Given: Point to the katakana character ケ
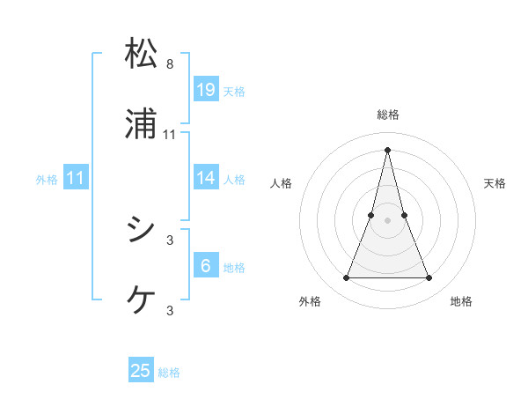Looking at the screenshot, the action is pos(141,299).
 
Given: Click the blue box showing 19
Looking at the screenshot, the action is pos(206,89).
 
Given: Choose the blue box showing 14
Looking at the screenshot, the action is pos(206,178).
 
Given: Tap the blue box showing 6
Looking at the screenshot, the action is pos(206,266).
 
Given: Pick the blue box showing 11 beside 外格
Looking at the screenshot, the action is pos(76,178).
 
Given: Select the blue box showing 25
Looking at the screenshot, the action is pos(141,371).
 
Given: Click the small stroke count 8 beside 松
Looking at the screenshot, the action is pos(170,64).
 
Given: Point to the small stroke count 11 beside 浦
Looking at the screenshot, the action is pos(170,135).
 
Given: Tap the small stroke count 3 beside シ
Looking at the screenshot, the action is pos(170,240).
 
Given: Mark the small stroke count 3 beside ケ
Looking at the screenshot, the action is pos(170,310).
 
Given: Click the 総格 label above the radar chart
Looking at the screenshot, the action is pos(388,115).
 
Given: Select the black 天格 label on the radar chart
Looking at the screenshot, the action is pos(495,183).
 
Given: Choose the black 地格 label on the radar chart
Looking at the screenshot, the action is pos(461,301).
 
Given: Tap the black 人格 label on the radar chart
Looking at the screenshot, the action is pos(281,183).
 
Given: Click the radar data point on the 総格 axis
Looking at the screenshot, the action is pos(388,149).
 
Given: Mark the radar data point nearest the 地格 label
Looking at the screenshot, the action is pos(429,278).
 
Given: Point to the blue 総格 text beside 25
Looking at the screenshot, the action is pos(170,373).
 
